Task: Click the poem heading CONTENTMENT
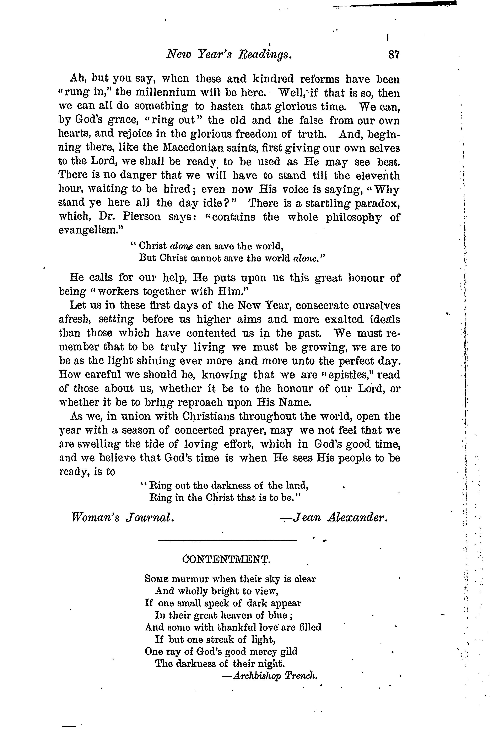(x=226, y=559)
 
